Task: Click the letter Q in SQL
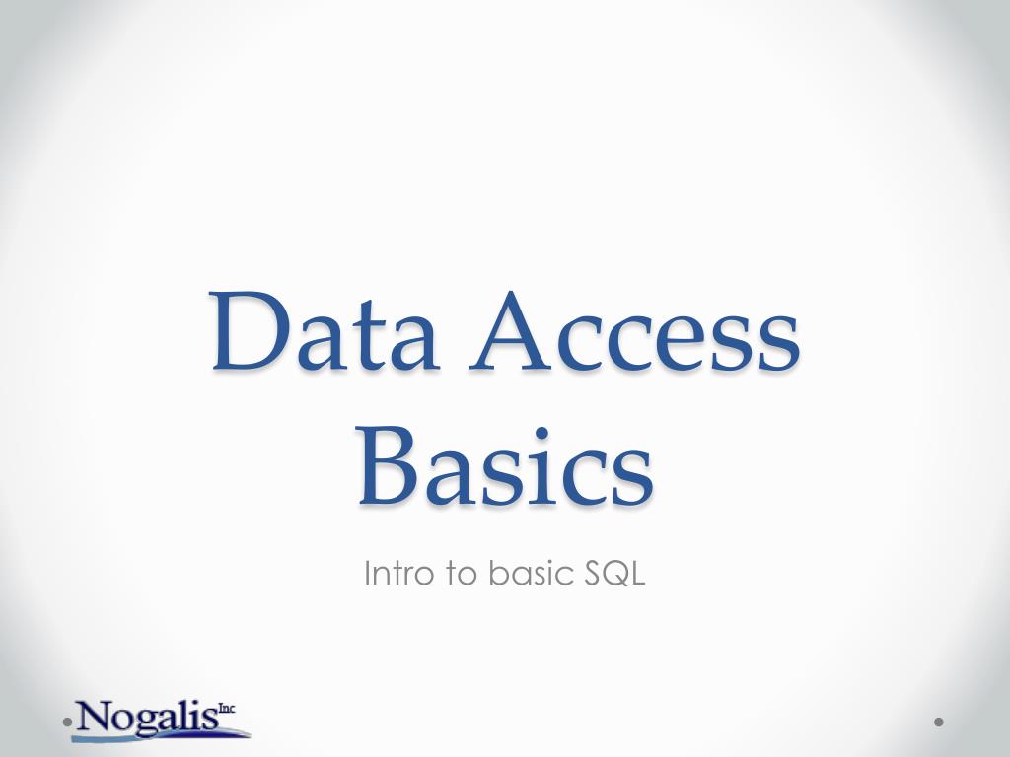615,574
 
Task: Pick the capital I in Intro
368,574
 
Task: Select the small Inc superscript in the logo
227,707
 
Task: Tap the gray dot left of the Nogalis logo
67,723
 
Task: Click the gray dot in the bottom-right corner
939,723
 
